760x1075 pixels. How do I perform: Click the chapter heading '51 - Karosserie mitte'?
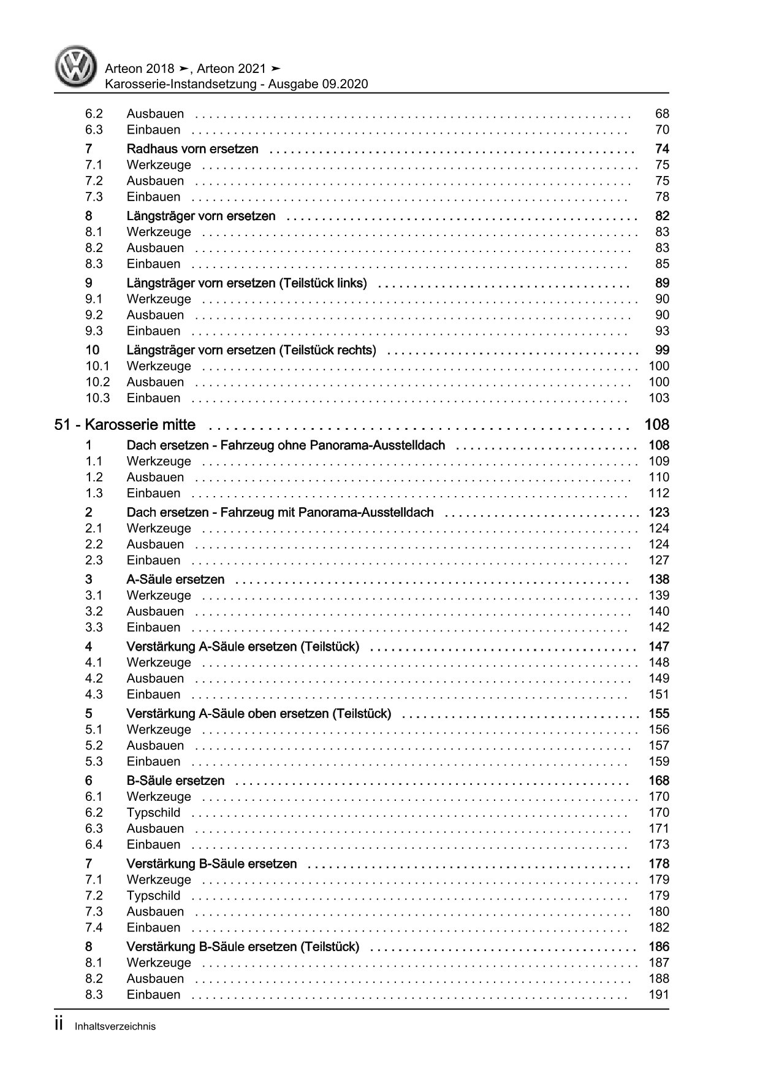(x=125, y=424)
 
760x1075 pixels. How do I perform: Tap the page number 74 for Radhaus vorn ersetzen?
(x=661, y=149)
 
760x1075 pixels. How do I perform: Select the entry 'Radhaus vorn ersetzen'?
(x=192, y=149)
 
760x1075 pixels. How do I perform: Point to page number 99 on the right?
(x=662, y=350)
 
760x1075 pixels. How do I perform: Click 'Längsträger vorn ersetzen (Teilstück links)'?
(x=246, y=283)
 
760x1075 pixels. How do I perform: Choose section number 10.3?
(x=97, y=398)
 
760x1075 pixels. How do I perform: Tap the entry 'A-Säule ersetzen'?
(x=175, y=580)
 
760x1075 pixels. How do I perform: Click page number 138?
(x=659, y=580)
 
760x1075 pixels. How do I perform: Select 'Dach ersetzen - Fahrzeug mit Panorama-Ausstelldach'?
(x=279, y=513)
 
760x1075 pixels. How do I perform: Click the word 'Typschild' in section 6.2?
(x=153, y=813)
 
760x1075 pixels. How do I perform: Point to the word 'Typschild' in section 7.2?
(x=153, y=896)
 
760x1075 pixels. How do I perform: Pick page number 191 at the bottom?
(x=659, y=995)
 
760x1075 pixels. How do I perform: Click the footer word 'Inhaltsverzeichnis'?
(x=115, y=1027)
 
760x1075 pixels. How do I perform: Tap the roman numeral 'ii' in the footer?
(x=59, y=1025)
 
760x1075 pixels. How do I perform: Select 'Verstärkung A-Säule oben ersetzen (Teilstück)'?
(x=259, y=714)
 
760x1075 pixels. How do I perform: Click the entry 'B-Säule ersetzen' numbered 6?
(x=175, y=781)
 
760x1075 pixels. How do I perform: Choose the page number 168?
(x=659, y=781)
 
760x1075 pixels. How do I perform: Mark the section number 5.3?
(x=94, y=762)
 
